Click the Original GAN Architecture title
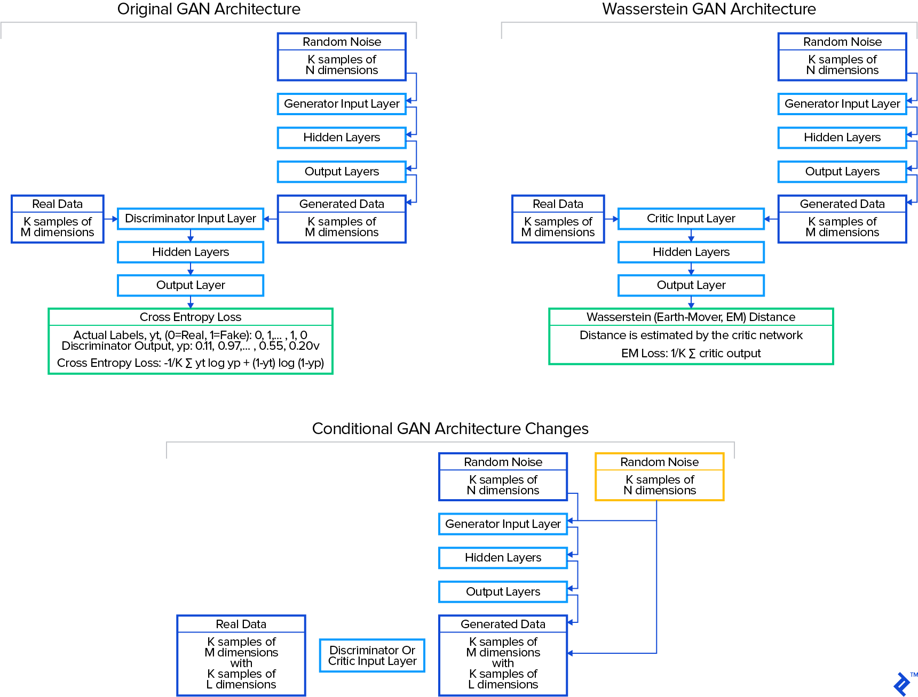point(209,9)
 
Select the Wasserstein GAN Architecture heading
point(709,9)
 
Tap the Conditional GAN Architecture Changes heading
point(450,429)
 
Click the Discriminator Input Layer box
point(191,219)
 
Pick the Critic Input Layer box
point(691,219)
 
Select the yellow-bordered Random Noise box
point(659,477)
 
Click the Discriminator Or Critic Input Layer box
point(372,655)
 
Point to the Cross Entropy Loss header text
point(191,317)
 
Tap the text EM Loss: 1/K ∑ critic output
point(691,354)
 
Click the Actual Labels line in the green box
point(191,335)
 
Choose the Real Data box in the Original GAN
point(58,219)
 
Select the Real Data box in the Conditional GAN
point(241,655)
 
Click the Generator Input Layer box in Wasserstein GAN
point(842,104)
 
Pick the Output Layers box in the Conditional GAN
point(503,592)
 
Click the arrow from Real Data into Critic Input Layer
point(612,219)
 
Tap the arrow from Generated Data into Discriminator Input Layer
point(271,219)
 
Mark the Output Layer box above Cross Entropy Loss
point(191,285)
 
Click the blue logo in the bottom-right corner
point(901,684)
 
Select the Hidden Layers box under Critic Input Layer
point(691,252)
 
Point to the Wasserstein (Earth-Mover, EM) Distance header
point(691,317)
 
